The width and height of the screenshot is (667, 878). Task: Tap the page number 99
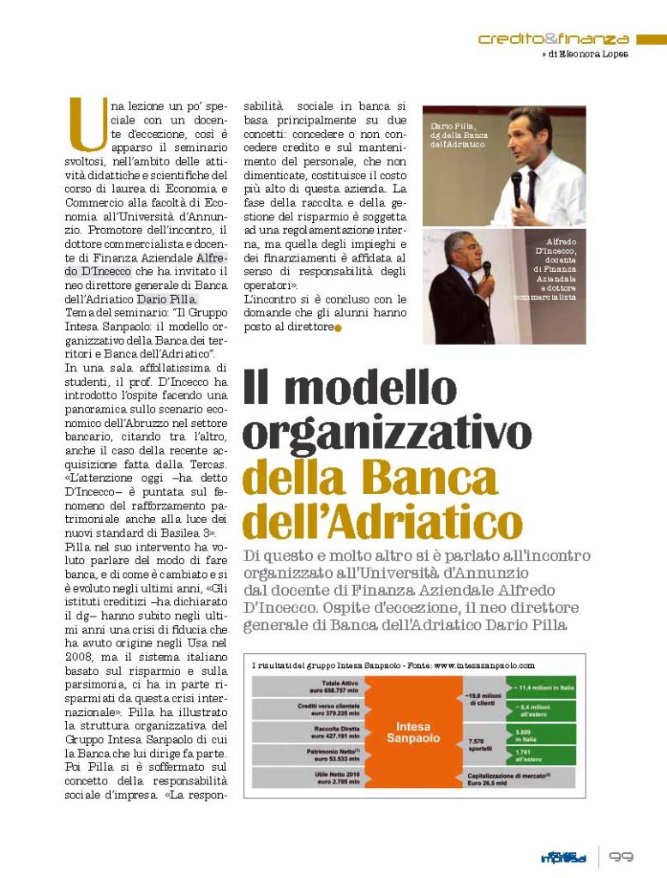click(621, 857)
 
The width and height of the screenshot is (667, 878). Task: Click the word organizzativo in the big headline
click(375, 432)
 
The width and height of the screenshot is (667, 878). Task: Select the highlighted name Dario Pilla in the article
click(167, 299)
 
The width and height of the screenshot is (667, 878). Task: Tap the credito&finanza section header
click(553, 39)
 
